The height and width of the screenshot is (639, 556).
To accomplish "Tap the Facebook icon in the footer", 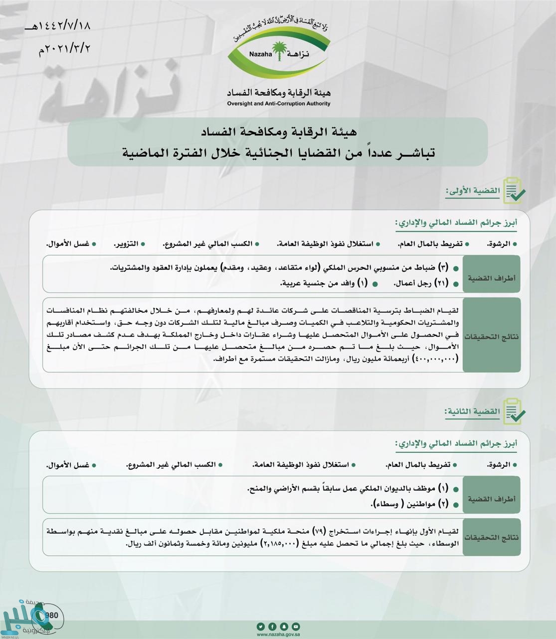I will (272, 627).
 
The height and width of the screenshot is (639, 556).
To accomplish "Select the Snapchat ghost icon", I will (284, 627).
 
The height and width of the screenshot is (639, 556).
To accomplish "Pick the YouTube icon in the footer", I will (296, 627).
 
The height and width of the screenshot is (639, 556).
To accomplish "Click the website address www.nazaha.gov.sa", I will (278, 635).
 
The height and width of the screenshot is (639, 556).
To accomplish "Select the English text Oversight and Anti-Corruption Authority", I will (278, 104).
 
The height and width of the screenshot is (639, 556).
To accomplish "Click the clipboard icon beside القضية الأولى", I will (514, 190).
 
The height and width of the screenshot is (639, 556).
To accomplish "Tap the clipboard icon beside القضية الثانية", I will (514, 411).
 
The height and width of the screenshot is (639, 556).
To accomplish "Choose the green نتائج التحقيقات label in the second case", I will (491, 538).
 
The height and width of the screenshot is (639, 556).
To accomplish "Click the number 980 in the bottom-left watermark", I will (52, 615).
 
